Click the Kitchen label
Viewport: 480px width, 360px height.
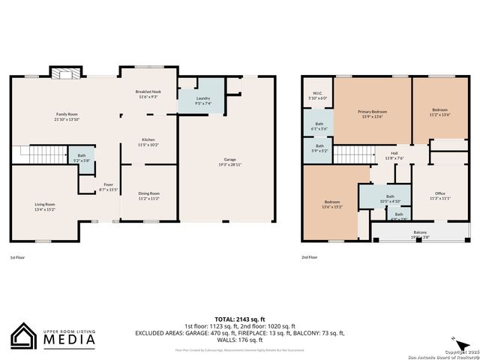click(148, 142)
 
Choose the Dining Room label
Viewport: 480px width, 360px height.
click(148, 196)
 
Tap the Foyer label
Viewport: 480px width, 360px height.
click(109, 187)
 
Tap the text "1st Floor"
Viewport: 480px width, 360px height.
click(19, 257)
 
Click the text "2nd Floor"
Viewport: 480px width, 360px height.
click(309, 257)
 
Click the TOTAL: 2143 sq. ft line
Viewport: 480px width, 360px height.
click(239, 317)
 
